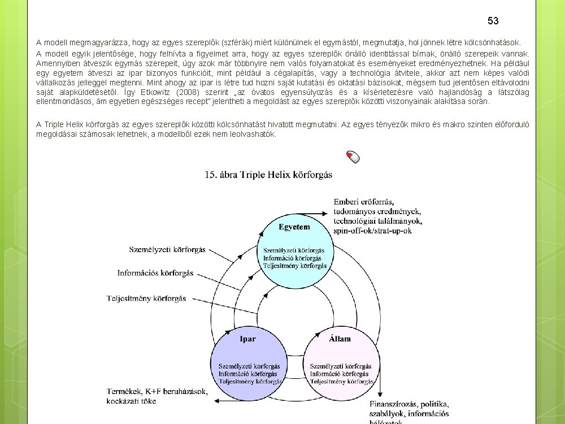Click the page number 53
[x=493, y=21]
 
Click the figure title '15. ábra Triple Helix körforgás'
[x=268, y=174]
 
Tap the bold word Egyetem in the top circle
[x=294, y=227]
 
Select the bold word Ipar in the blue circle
[x=247, y=339]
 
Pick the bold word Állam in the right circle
[x=340, y=339]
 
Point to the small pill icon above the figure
[x=353, y=157]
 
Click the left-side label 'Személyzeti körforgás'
[x=167, y=249]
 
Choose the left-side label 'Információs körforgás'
[x=155, y=273]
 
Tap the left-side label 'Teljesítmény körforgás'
[x=146, y=298]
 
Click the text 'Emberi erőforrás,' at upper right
[x=364, y=202]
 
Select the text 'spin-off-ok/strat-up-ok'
[x=372, y=231]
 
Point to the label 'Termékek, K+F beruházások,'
[x=157, y=391]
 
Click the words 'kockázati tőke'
[x=131, y=401]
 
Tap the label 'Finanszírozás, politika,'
[x=410, y=404]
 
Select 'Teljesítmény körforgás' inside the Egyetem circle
[x=295, y=265]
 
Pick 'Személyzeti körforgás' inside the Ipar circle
[x=248, y=366]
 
